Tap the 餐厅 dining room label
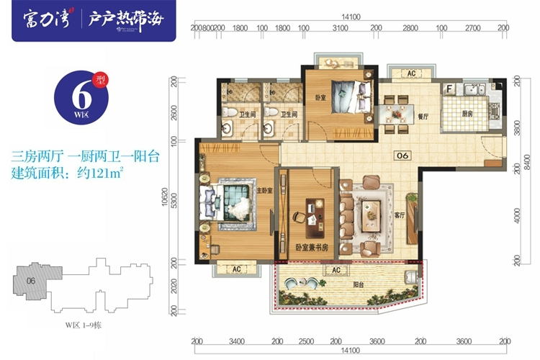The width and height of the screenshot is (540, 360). [x=423, y=115]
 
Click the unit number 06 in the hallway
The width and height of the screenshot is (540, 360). [x=402, y=154]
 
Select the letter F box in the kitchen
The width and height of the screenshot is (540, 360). [x=449, y=89]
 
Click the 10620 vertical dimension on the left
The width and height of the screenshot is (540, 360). [x=166, y=204]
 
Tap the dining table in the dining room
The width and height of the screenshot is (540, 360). [x=395, y=116]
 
